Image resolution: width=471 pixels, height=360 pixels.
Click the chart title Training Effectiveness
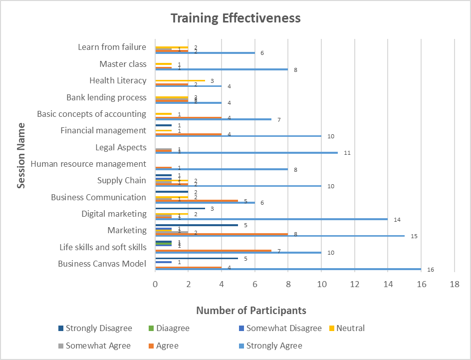point(235,18)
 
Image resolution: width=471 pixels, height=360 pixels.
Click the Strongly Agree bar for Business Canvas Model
point(288,269)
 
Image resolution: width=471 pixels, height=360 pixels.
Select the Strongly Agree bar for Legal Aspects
point(246,152)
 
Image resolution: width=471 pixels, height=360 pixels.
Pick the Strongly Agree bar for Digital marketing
point(271,219)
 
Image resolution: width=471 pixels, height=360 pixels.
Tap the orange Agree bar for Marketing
point(222,233)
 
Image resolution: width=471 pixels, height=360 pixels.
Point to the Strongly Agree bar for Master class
point(222,69)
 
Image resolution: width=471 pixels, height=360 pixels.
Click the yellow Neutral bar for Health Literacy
point(180,80)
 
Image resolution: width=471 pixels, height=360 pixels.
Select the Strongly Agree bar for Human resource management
point(222,169)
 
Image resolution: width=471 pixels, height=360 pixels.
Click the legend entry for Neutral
point(350,328)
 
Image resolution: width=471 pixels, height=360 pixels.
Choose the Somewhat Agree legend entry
point(98,346)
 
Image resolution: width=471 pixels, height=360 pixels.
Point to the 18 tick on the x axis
point(454,284)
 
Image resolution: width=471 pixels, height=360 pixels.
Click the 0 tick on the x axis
point(155,284)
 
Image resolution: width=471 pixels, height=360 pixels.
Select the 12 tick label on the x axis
point(355,284)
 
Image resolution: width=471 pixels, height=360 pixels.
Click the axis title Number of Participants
point(251,311)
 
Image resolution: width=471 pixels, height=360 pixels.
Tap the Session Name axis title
point(21,155)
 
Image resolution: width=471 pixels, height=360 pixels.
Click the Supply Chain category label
point(121,180)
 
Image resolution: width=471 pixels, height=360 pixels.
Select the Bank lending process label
point(106,97)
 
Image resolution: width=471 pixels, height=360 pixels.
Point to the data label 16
point(430,270)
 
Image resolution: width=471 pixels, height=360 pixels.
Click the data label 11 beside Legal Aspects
point(347,153)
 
